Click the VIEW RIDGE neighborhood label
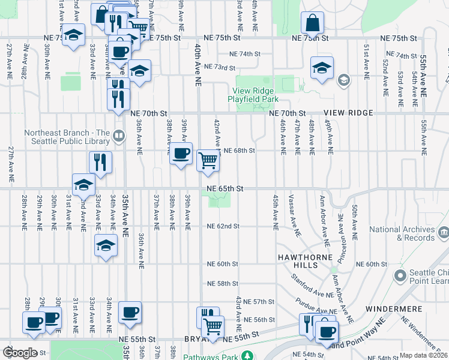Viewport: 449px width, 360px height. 348,113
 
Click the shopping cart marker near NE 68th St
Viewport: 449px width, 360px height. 208,160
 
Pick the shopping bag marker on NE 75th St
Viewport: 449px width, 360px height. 313,23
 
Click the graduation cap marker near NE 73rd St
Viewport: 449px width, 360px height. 322,67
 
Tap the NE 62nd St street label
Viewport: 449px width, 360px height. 223,226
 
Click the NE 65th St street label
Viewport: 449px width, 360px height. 225,188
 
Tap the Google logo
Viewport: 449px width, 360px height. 20,353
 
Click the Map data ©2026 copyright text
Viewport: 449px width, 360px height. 423,355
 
